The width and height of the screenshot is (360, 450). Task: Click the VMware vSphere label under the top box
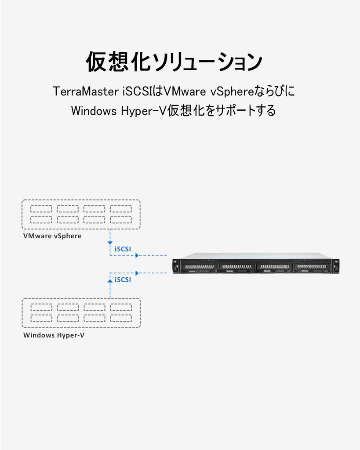(52, 236)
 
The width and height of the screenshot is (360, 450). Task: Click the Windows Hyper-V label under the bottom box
(54, 336)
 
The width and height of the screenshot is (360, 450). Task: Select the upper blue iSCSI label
(123, 249)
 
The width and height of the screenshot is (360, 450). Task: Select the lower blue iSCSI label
(123, 279)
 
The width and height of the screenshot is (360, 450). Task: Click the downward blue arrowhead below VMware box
(109, 243)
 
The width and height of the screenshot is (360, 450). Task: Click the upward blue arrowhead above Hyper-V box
(109, 279)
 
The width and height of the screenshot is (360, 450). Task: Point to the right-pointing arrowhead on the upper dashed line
(137, 255)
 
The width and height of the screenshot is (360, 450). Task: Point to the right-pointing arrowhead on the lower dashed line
(137, 273)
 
